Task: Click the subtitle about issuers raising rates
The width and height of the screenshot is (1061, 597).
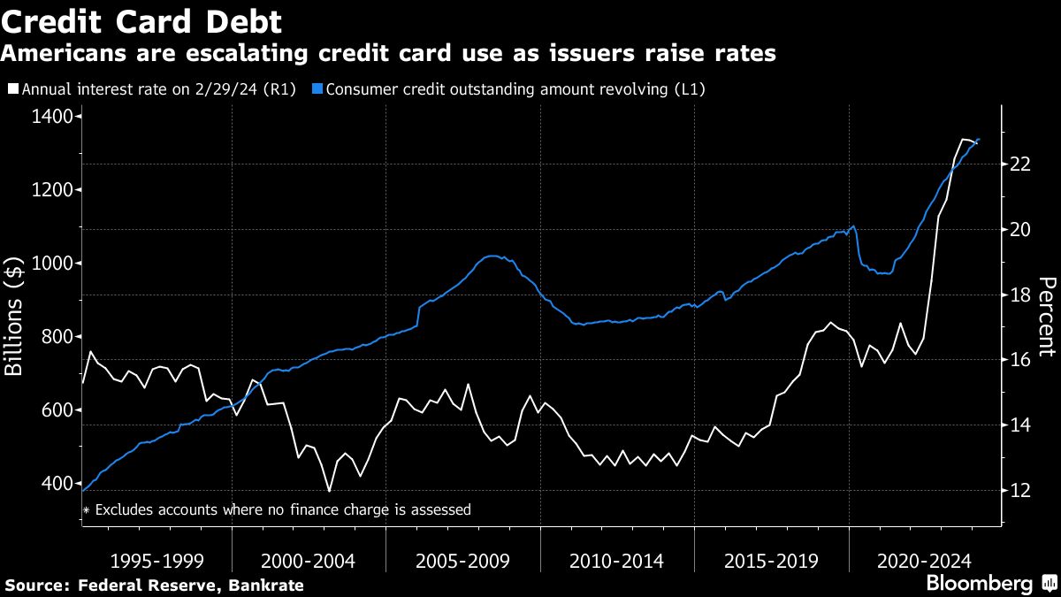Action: pyautogui.click(x=388, y=54)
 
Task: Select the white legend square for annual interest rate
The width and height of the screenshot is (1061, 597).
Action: pyautogui.click(x=12, y=89)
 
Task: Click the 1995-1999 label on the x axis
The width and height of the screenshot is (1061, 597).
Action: pyautogui.click(x=157, y=561)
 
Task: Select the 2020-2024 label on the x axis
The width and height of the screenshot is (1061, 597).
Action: pyautogui.click(x=925, y=561)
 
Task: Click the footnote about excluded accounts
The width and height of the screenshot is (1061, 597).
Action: pyautogui.click(x=276, y=509)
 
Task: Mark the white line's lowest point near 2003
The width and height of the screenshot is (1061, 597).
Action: pyautogui.click(x=329, y=491)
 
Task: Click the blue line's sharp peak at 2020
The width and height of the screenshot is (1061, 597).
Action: pyautogui.click(x=853, y=226)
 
